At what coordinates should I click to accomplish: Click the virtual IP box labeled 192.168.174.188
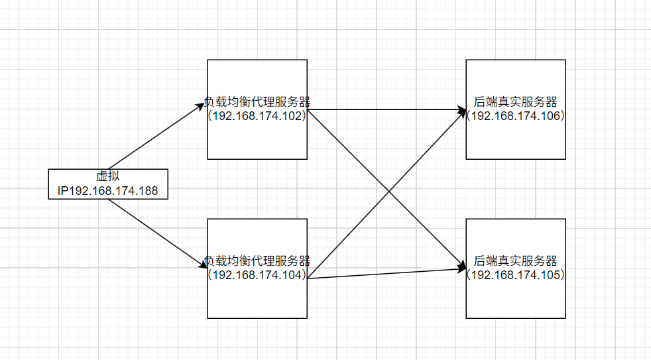108,184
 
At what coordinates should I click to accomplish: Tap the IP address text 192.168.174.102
257,115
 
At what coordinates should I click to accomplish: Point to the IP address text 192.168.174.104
257,274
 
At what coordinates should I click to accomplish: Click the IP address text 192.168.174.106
516,115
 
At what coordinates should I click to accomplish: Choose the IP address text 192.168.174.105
516,274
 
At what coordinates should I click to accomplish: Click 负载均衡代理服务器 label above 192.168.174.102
257,101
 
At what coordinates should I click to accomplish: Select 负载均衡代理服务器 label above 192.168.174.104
257,261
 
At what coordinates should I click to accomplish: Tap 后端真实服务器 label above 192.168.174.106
516,101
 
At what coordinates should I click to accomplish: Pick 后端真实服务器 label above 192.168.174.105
516,261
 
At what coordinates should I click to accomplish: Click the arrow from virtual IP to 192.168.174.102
156,136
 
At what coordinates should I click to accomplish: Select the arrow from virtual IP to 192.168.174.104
156,233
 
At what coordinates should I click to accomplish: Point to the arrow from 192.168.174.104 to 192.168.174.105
385,273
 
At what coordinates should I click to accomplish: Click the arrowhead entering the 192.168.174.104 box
204,265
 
